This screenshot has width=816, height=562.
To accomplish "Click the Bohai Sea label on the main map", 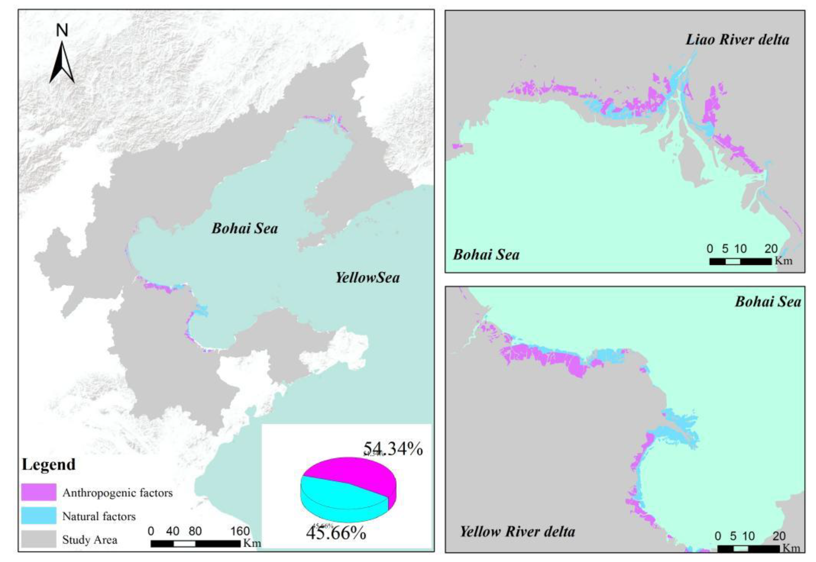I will point(245,229).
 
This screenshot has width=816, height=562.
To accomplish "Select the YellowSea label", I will point(367,278).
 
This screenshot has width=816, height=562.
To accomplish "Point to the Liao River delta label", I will point(737,39).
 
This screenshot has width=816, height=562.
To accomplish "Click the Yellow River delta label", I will point(517,531).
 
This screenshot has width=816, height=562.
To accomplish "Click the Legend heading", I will point(49,464).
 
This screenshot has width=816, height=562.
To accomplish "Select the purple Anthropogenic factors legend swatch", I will point(39,492).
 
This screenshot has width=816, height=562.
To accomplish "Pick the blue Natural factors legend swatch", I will point(39,516).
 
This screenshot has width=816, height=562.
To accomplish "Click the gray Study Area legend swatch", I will point(39,539).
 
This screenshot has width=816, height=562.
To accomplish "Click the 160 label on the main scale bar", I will point(240,531).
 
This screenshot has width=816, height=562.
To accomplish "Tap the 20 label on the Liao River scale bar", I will point(771,249).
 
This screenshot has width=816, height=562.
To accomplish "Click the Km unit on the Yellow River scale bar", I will point(791,548).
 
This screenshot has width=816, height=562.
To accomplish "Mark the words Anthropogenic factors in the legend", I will point(118,493).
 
